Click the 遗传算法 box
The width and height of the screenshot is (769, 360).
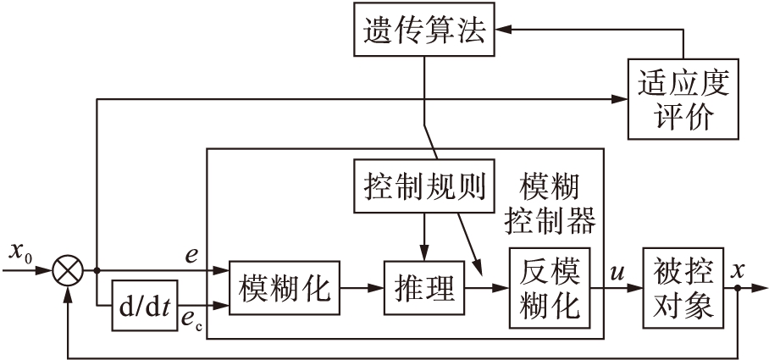[x=420, y=32]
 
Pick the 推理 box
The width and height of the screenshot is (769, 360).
[x=425, y=288]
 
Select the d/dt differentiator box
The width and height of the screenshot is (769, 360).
[x=146, y=303]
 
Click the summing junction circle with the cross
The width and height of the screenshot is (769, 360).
[x=69, y=272]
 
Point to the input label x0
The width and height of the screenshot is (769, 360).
[x=20, y=252]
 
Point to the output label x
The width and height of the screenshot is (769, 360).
[x=738, y=272]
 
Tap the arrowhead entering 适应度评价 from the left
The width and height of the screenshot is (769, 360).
[x=620, y=99]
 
